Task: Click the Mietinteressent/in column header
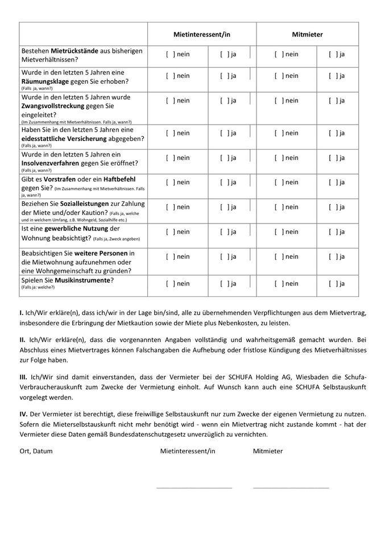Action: point(202,34)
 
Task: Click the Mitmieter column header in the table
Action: point(307,34)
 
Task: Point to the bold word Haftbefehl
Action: point(121,179)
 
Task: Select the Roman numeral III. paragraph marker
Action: point(23,377)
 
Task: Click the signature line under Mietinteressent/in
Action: point(194,487)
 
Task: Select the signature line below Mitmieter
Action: point(291,487)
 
